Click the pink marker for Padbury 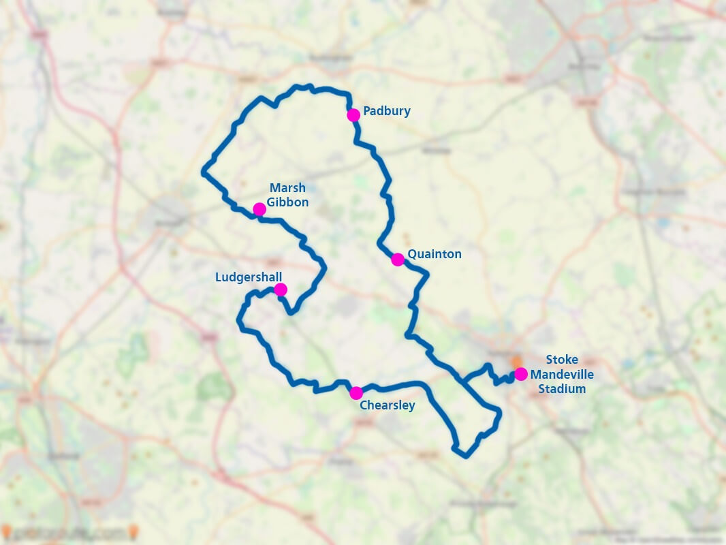click(x=353, y=115)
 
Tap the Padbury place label click(x=387, y=110)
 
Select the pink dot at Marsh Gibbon click(x=259, y=209)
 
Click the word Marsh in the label click(x=287, y=187)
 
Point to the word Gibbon click(x=287, y=202)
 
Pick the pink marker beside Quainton click(x=398, y=260)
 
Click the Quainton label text click(x=435, y=254)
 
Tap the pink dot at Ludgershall click(x=280, y=290)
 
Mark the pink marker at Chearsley click(x=356, y=393)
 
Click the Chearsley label click(x=387, y=405)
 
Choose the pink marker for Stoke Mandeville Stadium click(x=520, y=373)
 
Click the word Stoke click(x=562, y=360)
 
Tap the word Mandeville click(x=562, y=374)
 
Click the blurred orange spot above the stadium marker click(x=516, y=360)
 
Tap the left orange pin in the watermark click(x=6, y=531)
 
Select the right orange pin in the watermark click(x=134, y=531)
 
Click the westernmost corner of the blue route click(x=204, y=172)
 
